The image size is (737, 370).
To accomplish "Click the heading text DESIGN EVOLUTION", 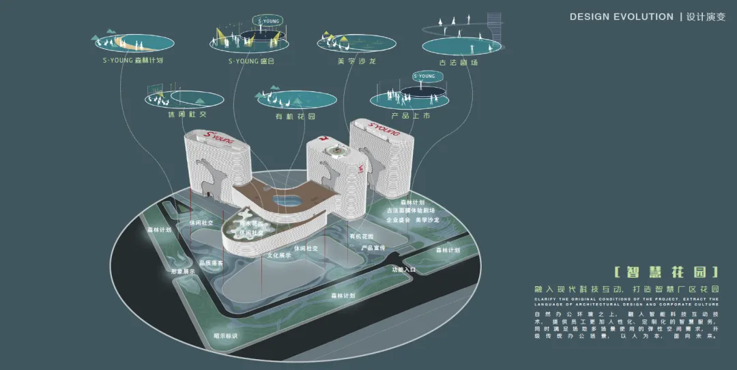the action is tap(621, 16).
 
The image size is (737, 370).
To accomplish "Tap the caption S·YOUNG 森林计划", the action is tap(130, 60).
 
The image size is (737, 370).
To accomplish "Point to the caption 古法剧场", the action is tap(458, 62).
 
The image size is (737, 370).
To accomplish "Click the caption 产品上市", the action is tap(411, 116).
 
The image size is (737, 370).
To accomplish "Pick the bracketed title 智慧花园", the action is tap(666, 273).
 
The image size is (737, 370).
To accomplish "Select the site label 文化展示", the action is tap(280, 256).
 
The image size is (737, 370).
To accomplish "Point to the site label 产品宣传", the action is tap(373, 247).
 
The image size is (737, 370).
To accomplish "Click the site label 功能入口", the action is tap(403, 270).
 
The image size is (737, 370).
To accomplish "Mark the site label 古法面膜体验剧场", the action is tap(411, 211).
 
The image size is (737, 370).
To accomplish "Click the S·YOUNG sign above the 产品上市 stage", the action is tap(424, 76).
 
